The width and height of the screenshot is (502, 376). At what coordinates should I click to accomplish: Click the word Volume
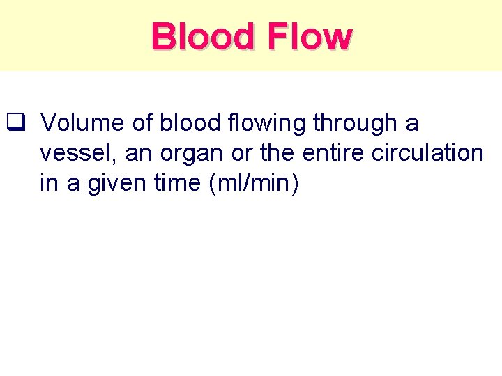82,123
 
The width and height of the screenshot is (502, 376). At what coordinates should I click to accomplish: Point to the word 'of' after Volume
142,123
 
